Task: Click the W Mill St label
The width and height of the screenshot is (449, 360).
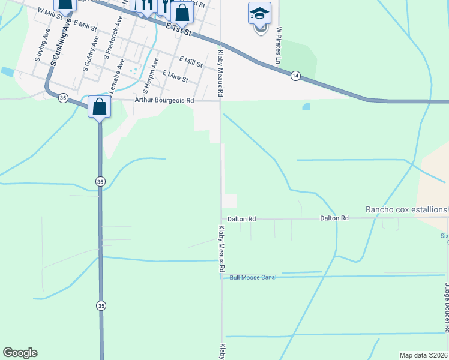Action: pyautogui.click(x=50, y=14)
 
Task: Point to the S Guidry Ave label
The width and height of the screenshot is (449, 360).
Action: pyautogui.click(x=91, y=53)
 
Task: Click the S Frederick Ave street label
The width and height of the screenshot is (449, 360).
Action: pyautogui.click(x=113, y=36)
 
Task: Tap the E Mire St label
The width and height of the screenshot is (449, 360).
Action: pyautogui.click(x=175, y=76)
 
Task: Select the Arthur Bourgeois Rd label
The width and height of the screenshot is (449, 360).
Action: pyautogui.click(x=164, y=101)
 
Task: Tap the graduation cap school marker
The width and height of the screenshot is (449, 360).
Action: pyautogui.click(x=260, y=13)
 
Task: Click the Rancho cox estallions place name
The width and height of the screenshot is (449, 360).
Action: pyautogui.click(x=406, y=209)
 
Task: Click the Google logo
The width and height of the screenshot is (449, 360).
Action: pyautogui.click(x=20, y=353)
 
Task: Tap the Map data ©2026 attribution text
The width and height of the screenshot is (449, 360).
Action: pyautogui.click(x=423, y=355)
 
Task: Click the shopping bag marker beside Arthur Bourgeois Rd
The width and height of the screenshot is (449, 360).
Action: pyautogui.click(x=99, y=107)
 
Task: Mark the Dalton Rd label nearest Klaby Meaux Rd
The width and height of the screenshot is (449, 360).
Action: pyautogui.click(x=242, y=219)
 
